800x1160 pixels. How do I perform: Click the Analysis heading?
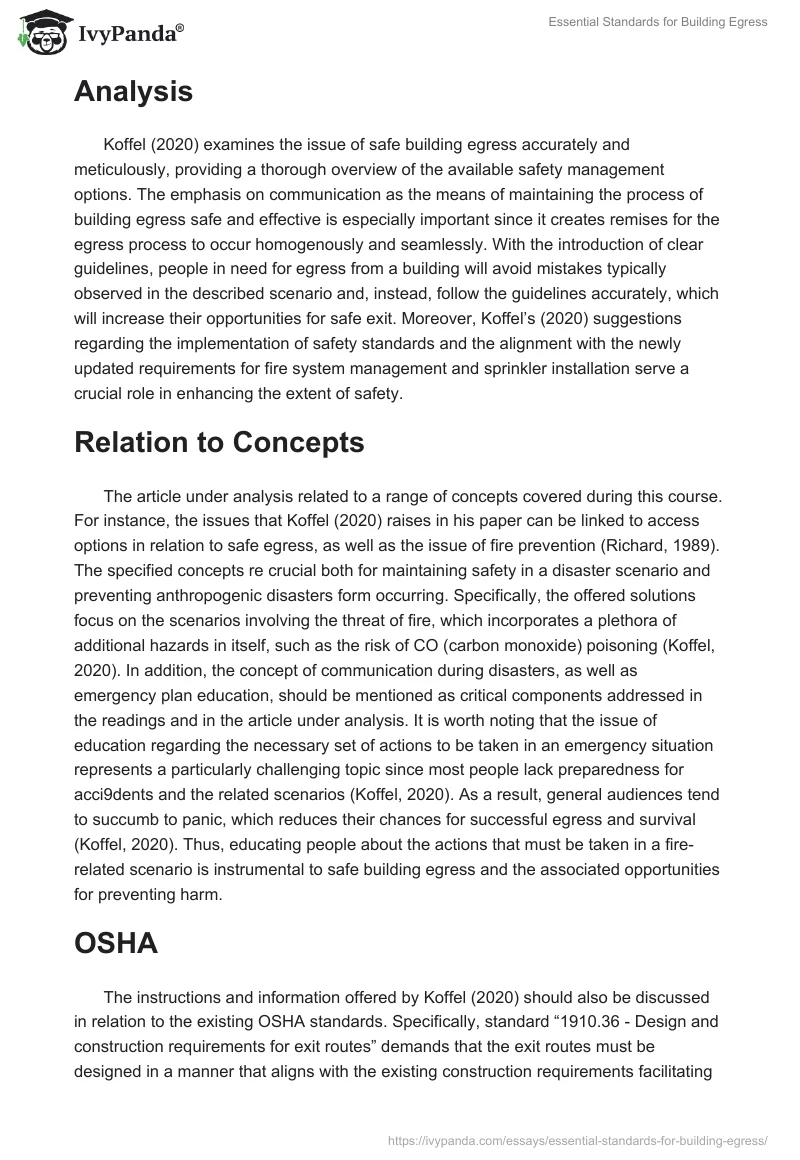pos(133,91)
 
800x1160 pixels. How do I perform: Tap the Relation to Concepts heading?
pos(219,441)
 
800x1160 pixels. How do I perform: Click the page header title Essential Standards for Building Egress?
pos(658,22)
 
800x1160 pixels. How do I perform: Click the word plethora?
pos(661,620)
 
